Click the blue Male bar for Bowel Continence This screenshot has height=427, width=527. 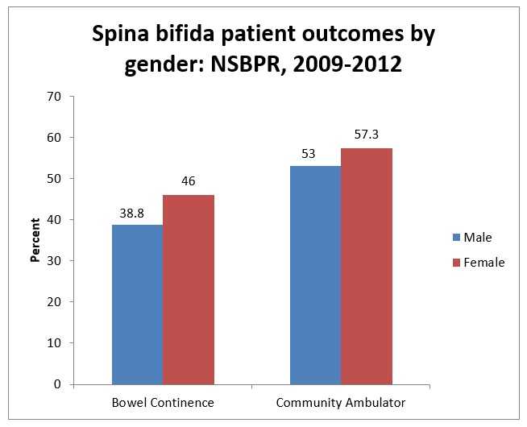[x=137, y=304]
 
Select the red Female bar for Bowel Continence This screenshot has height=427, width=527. [x=189, y=289]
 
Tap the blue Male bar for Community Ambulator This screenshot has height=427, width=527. [x=315, y=275]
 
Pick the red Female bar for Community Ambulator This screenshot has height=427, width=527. [x=367, y=266]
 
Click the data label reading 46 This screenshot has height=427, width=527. [x=189, y=182]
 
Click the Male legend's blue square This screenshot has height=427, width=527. [x=456, y=238]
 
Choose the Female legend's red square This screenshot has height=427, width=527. [x=456, y=262]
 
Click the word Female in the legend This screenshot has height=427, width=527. [x=484, y=262]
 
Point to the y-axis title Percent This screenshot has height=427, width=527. [x=35, y=240]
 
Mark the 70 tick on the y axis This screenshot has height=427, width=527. [x=56, y=96]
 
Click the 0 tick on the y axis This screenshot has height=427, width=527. [x=59, y=384]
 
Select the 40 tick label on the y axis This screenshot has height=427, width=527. [x=56, y=219]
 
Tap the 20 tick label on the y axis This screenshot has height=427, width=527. [x=56, y=302]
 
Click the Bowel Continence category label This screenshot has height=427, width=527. [x=162, y=401]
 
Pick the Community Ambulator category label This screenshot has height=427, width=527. [x=340, y=401]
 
